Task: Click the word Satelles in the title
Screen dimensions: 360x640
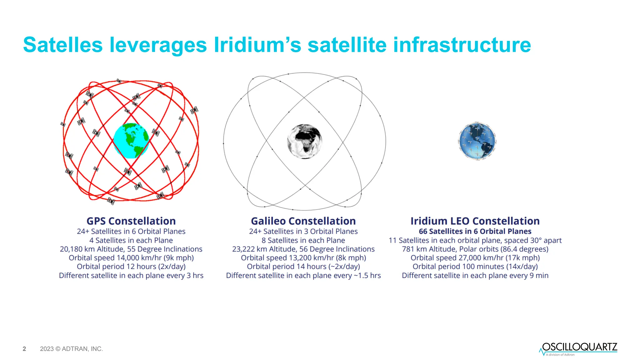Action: (62, 45)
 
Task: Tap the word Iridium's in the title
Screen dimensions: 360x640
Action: (257, 45)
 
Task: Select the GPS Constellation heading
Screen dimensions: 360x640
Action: (131, 221)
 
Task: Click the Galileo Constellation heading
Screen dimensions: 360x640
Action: (303, 221)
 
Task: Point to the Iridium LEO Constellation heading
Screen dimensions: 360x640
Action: (475, 221)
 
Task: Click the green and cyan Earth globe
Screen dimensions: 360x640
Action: (131, 141)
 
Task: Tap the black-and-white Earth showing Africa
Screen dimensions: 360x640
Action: (304, 141)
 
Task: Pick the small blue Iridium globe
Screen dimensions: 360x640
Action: (477, 141)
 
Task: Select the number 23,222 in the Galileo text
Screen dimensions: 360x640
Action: (243, 249)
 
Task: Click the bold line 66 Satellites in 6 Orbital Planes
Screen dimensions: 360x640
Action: (475, 231)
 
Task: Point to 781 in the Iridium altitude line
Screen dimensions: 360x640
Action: (408, 249)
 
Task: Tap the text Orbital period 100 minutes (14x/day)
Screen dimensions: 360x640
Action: (475, 267)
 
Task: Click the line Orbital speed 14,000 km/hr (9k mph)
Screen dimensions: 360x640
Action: (131, 258)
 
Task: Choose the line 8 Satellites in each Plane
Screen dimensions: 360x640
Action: (303, 240)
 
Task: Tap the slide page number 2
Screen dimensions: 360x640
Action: (24, 349)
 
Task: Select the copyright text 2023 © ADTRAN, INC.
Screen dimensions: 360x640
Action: (71, 349)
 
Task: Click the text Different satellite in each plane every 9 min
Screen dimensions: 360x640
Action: (475, 275)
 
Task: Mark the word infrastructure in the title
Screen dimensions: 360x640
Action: (462, 45)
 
